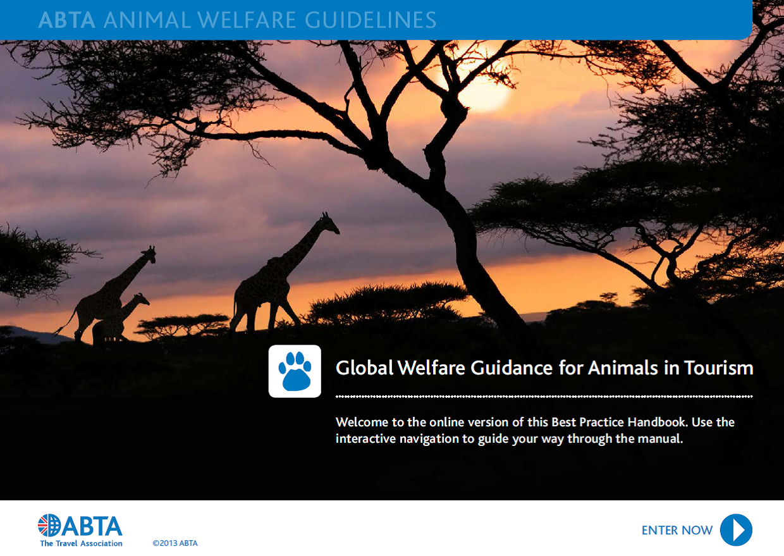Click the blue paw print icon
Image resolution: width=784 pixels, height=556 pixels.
coord(295,371)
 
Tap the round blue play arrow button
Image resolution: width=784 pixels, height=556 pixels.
coord(736,529)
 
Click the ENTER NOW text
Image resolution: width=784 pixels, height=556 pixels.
coord(677,531)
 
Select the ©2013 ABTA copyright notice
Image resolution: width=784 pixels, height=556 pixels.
coord(175,543)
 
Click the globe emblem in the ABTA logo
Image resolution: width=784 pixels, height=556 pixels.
coord(49,525)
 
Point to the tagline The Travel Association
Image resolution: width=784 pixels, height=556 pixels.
coord(81,543)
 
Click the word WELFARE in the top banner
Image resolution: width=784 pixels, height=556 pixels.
coord(247,20)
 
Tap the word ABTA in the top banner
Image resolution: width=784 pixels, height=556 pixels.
coord(67,20)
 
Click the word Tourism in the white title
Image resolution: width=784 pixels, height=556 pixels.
coord(718,368)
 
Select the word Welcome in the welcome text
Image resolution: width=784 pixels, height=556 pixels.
coord(362,423)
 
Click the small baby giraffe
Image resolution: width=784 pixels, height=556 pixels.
coord(119,318)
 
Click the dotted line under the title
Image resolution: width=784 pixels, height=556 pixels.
coord(544,397)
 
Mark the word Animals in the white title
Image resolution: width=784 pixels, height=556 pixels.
coord(623,368)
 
